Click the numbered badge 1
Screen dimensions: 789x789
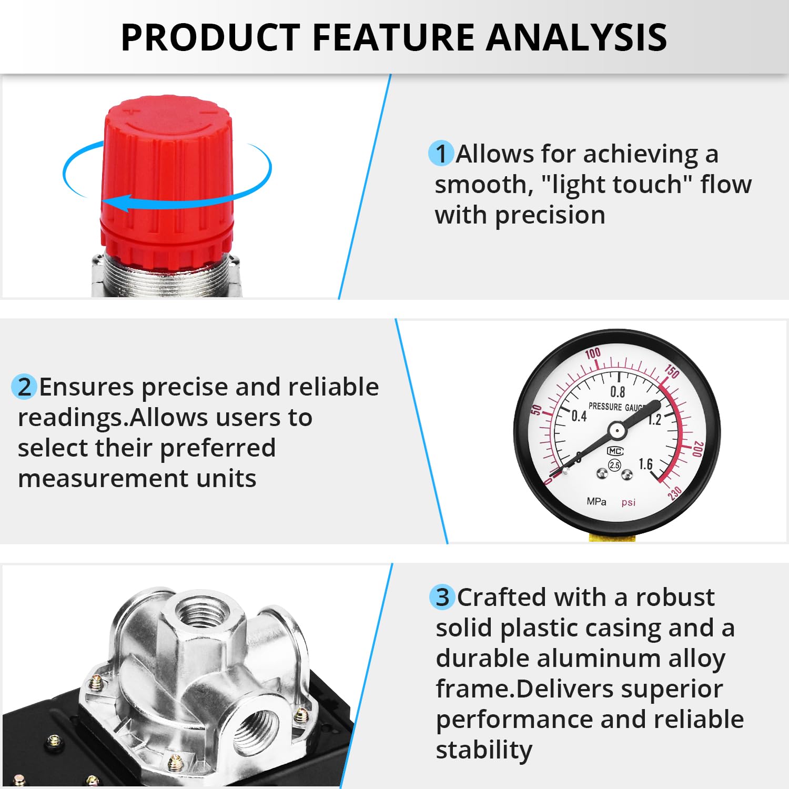441,154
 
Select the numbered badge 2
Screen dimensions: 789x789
24,387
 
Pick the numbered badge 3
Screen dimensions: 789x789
442,598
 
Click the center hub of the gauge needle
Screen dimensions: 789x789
616,431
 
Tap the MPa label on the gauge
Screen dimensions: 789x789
596,502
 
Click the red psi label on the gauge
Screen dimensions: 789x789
629,502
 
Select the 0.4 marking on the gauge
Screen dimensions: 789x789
579,416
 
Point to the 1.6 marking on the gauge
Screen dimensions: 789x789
645,464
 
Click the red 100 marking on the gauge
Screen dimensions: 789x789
593,353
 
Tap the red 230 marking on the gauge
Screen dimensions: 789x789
674,493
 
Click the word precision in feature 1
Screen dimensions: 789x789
550,215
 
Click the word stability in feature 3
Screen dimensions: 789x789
484,750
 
